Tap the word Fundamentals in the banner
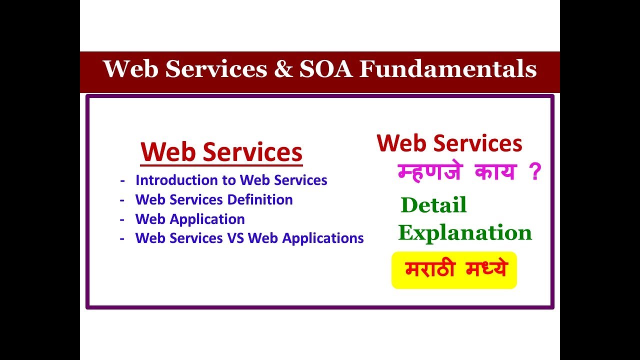coord(448,69)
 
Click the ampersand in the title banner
coord(283,69)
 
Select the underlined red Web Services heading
coord(221,152)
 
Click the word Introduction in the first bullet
coord(168,180)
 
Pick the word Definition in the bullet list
coord(260,199)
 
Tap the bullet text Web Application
coord(190,219)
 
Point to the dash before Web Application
coord(122,219)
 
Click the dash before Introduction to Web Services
coord(122,180)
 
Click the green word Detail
coord(433,205)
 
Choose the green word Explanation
coord(465,232)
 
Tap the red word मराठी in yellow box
coord(430,269)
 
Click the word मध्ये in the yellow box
coord(486,269)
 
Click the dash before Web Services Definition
coord(122,200)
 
